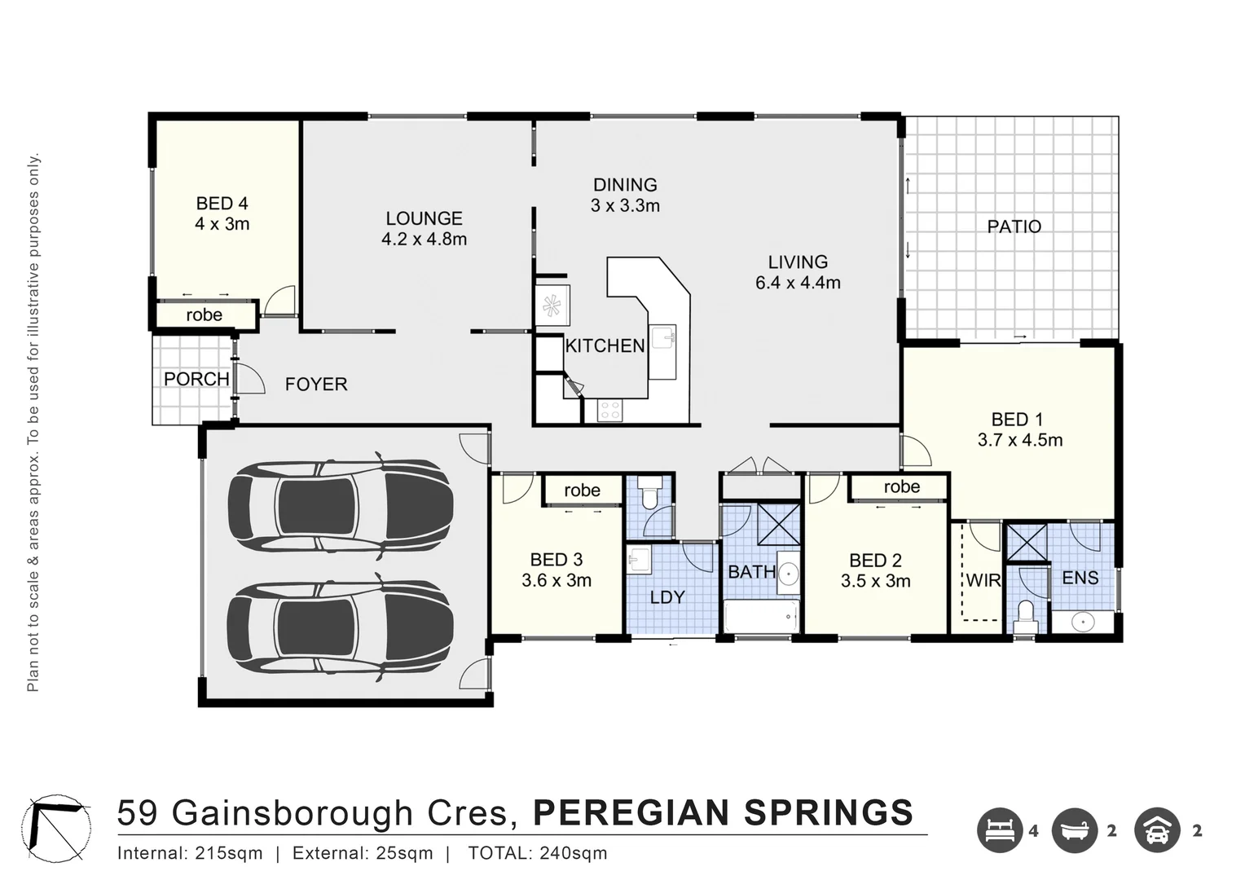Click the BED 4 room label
click(222, 204)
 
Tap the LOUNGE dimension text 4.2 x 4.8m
click(424, 240)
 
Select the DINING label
click(625, 185)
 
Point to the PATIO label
click(1014, 227)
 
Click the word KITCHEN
click(605, 346)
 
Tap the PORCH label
click(196, 379)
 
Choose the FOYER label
click(316, 384)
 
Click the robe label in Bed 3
click(582, 491)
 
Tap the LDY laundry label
click(666, 597)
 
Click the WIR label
click(983, 581)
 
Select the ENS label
click(1080, 578)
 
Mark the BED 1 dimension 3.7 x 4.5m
click(1020, 440)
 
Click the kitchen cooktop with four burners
click(610, 411)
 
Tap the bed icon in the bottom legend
click(1000, 830)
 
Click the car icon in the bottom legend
click(1157, 830)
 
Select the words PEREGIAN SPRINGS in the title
click(723, 813)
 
